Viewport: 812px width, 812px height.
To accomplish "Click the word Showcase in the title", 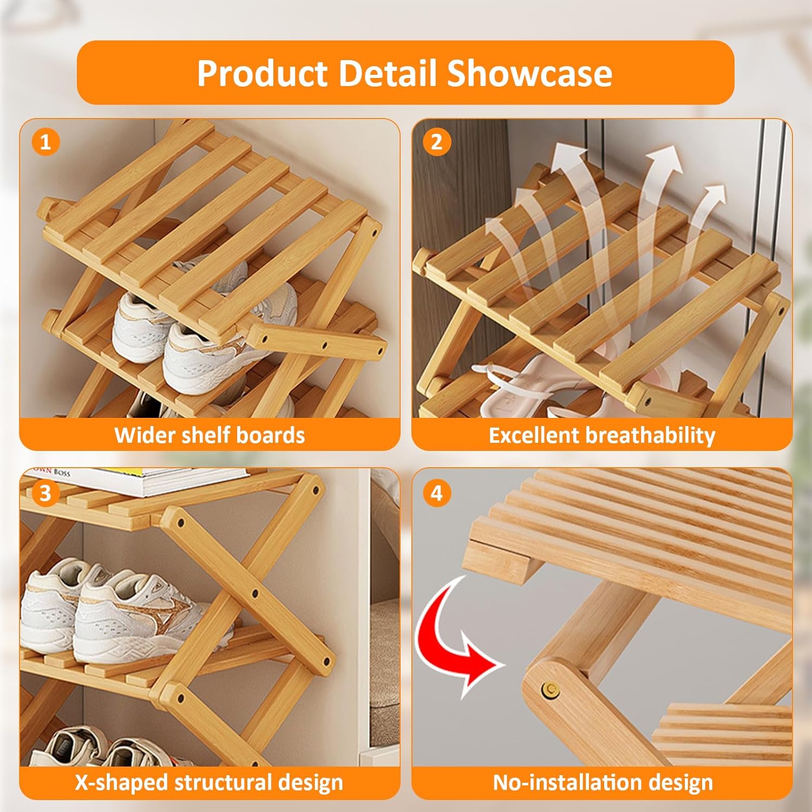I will (x=529, y=73).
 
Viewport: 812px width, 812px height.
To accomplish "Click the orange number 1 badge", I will (x=45, y=142).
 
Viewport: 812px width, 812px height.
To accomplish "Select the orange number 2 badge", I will (x=436, y=142).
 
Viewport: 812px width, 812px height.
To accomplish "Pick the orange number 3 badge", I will (x=45, y=493).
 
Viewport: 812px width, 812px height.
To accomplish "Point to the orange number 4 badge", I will (x=436, y=493).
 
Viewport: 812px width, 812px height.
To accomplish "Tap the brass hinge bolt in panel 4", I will (x=551, y=690).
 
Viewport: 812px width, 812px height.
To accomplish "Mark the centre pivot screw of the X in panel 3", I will (x=255, y=594).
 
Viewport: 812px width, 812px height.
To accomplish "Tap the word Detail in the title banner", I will (x=388, y=73).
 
